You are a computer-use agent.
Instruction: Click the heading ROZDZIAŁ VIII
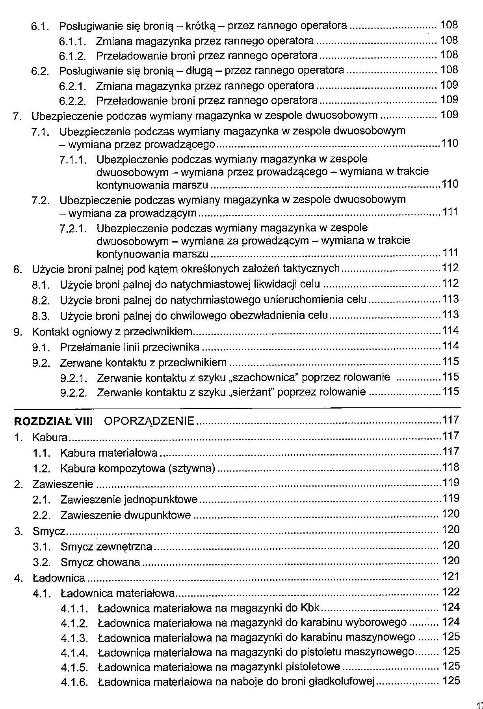(x=53, y=421)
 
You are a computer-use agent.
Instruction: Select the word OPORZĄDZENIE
(x=149, y=421)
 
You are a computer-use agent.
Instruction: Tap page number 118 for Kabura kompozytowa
(x=451, y=467)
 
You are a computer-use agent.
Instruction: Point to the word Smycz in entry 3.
(x=49, y=531)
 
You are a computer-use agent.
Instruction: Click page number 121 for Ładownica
(x=451, y=577)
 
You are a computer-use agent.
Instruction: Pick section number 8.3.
(x=41, y=316)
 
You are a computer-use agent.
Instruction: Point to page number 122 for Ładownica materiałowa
(x=451, y=592)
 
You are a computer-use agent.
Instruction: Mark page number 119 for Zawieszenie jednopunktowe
(x=451, y=498)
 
